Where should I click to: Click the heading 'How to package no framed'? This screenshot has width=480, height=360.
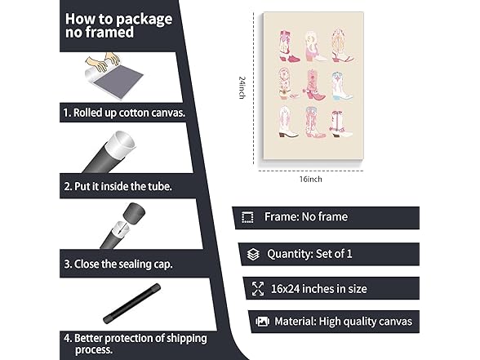(118, 25)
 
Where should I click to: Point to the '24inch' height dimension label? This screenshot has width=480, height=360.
(242, 87)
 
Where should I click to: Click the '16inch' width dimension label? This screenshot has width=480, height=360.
(311, 179)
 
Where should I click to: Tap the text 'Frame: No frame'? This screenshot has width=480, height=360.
(306, 217)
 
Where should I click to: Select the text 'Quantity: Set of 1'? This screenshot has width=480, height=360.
(309, 254)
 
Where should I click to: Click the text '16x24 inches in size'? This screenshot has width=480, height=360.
(319, 289)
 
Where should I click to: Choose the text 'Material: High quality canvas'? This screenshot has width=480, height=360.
(343, 322)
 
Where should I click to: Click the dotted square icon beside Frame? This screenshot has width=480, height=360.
(247, 217)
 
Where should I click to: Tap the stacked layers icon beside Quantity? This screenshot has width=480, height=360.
(253, 254)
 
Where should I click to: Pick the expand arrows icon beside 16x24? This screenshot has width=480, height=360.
(258, 289)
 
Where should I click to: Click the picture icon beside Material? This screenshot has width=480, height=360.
(262, 322)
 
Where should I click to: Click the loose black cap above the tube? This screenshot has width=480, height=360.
(134, 213)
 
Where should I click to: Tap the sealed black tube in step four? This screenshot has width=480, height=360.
(132, 304)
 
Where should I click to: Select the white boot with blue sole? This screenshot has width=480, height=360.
(341, 87)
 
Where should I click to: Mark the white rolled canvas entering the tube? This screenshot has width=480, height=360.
(120, 144)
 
